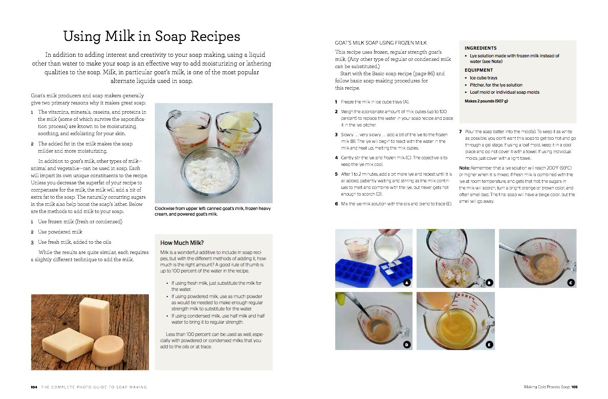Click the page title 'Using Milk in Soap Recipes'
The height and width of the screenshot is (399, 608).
(151, 36)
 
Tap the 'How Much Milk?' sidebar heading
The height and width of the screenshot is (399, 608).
(182, 243)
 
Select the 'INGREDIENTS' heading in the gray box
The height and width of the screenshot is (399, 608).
(481, 48)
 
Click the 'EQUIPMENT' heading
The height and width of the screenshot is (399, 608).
(479, 70)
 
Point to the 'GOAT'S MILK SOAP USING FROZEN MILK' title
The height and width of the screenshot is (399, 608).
(381, 43)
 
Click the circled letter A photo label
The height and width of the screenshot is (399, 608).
(407, 283)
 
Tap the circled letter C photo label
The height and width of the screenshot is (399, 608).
(571, 283)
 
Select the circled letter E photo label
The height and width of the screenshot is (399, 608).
(489, 344)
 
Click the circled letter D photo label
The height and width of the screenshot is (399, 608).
(407, 344)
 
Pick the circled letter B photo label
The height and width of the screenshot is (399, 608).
(489, 283)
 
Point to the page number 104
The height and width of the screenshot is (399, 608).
(34, 387)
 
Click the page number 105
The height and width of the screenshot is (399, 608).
(574, 387)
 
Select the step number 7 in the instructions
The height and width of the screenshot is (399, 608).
(460, 132)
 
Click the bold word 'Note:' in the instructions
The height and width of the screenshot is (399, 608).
(464, 168)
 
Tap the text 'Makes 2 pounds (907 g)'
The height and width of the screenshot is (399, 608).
(486, 101)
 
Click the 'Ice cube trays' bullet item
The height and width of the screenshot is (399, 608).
(484, 78)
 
